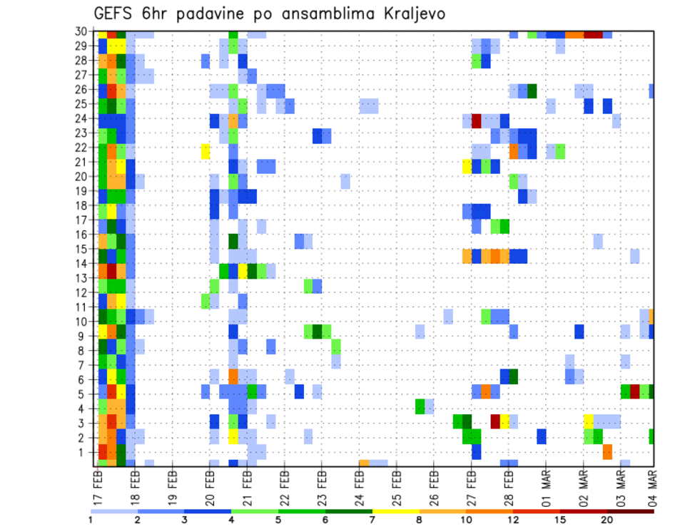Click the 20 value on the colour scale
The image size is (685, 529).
coord(607,519)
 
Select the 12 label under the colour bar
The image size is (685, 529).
coord(513,519)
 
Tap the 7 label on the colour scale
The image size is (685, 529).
coord(372,519)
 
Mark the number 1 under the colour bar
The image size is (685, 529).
coord(90,519)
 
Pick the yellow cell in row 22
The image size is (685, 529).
coord(205,151)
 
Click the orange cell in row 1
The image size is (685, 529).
coord(607,452)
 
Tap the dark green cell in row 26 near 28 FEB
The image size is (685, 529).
coord(532,91)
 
